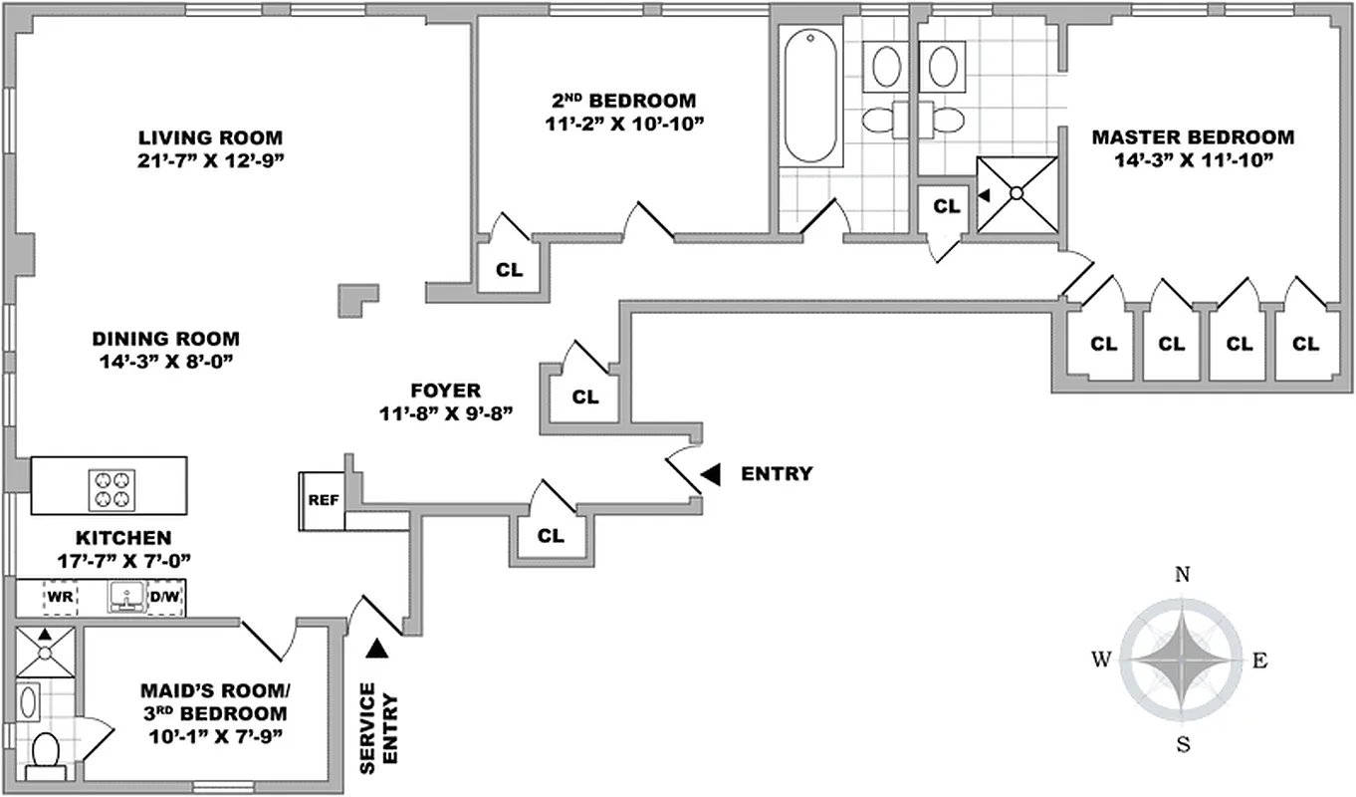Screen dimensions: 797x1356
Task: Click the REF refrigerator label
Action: point(322,501)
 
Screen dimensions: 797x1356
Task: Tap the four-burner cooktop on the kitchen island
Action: point(111,488)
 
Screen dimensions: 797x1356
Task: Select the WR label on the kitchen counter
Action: point(60,599)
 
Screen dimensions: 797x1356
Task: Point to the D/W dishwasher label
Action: point(163,599)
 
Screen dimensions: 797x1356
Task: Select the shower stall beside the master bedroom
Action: point(1017,195)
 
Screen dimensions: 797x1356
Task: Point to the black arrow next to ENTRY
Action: point(709,475)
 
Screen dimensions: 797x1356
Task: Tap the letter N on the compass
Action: point(1183,574)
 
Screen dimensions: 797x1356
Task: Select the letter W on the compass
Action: point(1101,660)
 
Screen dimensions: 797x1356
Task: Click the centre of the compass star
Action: point(1183,660)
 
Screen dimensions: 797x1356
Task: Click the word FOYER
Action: point(445,392)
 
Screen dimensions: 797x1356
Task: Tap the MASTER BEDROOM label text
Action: point(1193,137)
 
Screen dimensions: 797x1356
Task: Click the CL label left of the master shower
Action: point(946,207)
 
